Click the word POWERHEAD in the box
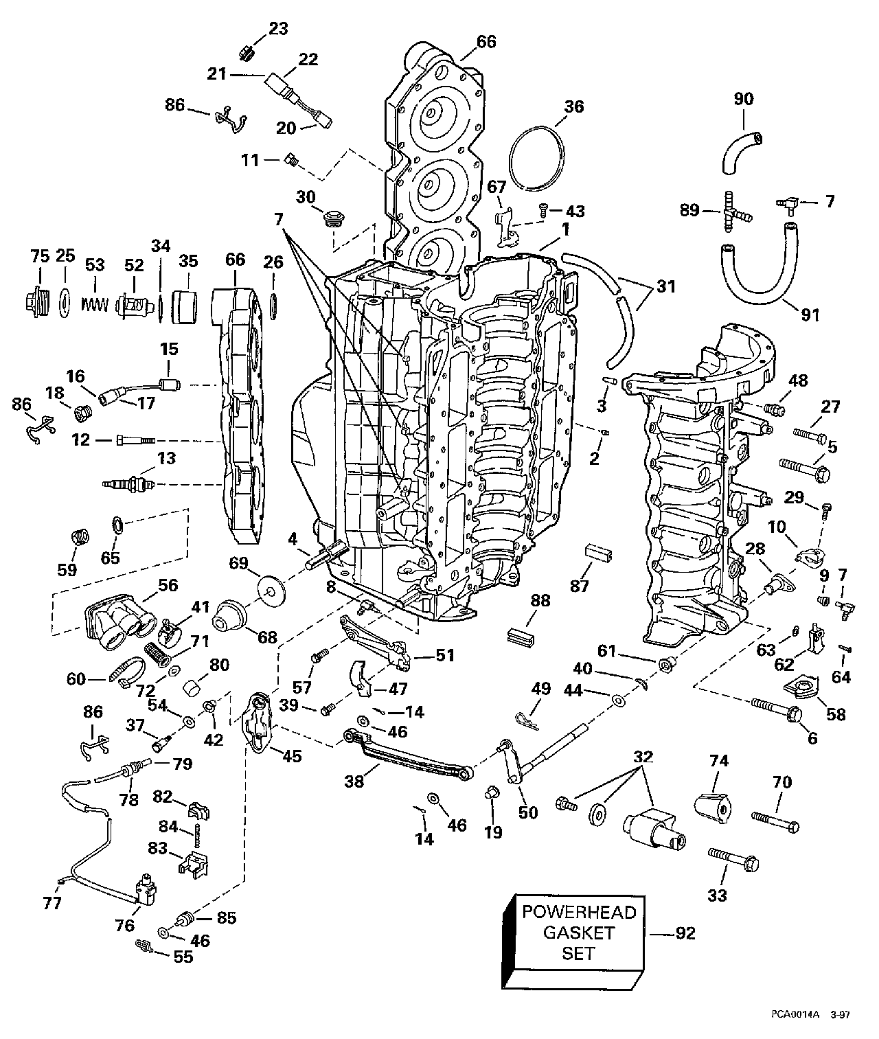pyautogui.click(x=579, y=911)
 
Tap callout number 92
pyautogui.click(x=685, y=933)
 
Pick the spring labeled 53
pyautogui.click(x=95, y=304)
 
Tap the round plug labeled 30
pyautogui.click(x=331, y=219)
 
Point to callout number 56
pyautogui.click(x=168, y=585)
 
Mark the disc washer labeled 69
pyautogui.click(x=271, y=589)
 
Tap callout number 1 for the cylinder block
pyautogui.click(x=566, y=229)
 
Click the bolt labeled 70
pyautogui.click(x=775, y=823)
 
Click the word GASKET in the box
pyautogui.click(x=579, y=933)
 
